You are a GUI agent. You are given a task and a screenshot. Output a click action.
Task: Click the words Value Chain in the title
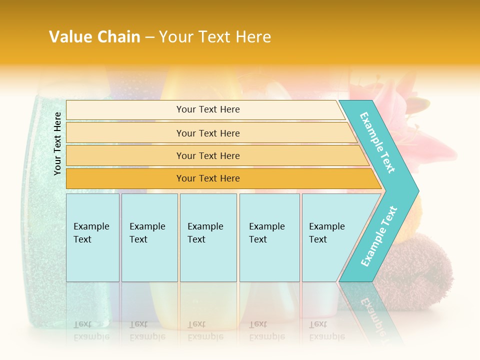point(94,36)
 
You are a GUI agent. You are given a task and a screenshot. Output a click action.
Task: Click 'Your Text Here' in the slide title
point(215,36)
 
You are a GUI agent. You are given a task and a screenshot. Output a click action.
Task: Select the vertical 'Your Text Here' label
point(57,144)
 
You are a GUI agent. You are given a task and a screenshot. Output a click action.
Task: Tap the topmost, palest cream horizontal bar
point(207,109)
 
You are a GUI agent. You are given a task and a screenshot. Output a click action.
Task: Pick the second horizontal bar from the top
point(207,133)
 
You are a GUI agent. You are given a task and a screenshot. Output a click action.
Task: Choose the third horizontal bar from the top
point(207,155)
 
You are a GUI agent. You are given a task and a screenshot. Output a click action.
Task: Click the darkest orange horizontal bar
point(207,178)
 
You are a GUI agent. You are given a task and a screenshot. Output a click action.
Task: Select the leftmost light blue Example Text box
point(92,237)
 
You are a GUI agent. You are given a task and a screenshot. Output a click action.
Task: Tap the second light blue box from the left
point(149,237)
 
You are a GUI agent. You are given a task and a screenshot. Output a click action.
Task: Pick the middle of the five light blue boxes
point(208,237)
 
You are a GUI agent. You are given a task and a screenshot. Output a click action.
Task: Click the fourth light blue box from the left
point(269,237)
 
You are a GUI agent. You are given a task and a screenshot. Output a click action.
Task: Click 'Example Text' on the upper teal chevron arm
point(377,143)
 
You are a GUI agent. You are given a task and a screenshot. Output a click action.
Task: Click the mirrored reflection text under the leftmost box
point(91,330)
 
